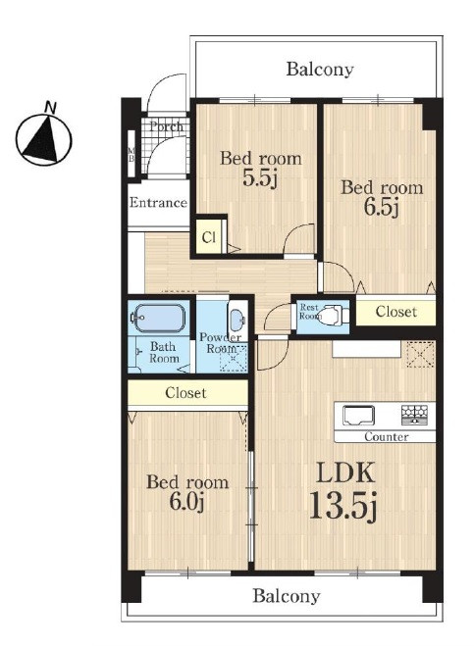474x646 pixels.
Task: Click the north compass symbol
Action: [44, 140]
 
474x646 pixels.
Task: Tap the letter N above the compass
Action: [50, 107]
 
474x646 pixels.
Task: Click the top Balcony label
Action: [320, 69]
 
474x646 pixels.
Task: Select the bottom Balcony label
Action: [287, 596]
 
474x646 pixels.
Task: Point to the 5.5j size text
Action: [259, 177]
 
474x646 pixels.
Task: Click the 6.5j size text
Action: [381, 207]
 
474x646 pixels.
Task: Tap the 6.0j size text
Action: [187, 501]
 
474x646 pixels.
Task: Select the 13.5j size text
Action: [342, 507]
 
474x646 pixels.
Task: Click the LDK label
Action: [345, 472]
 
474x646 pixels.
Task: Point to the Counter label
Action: [386, 436]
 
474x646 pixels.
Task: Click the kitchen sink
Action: [359, 416]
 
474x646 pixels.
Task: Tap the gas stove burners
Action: [414, 415]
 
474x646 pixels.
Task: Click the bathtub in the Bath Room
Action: [158, 318]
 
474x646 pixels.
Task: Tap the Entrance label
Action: [158, 202]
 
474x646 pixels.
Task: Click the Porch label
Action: [166, 126]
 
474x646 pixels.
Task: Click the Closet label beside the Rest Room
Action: [396, 312]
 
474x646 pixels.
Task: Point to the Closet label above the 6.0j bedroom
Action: [185, 393]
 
